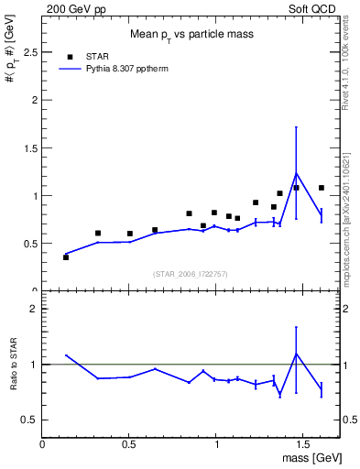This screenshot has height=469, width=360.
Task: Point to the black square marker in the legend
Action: pyautogui.click(x=71, y=56)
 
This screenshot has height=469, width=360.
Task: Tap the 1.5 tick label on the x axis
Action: pyautogui.click(x=304, y=444)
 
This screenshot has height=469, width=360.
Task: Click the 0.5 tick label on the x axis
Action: pyautogui.click(x=129, y=444)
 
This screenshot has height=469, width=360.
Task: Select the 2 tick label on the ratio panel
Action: pyautogui.click(x=33, y=309)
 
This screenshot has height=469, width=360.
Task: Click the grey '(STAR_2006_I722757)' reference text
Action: pyautogui.click(x=191, y=275)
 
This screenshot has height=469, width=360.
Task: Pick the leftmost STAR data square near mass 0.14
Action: pyautogui.click(x=66, y=257)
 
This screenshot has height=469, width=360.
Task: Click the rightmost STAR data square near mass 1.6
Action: pyautogui.click(x=321, y=188)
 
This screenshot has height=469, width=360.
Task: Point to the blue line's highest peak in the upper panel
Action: pyautogui.click(x=296, y=173)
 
